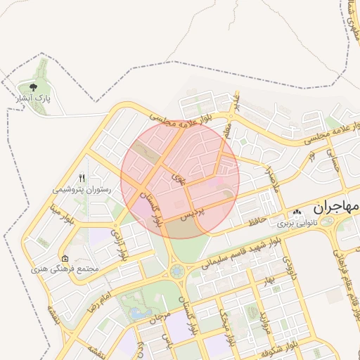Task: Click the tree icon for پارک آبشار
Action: click(33, 87)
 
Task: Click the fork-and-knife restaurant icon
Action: click(82, 178)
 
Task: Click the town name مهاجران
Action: click(336, 207)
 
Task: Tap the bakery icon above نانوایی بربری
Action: click(297, 212)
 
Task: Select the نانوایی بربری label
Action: click(296, 222)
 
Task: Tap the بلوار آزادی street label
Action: click(124, 243)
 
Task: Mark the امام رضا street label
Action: click(101, 302)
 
